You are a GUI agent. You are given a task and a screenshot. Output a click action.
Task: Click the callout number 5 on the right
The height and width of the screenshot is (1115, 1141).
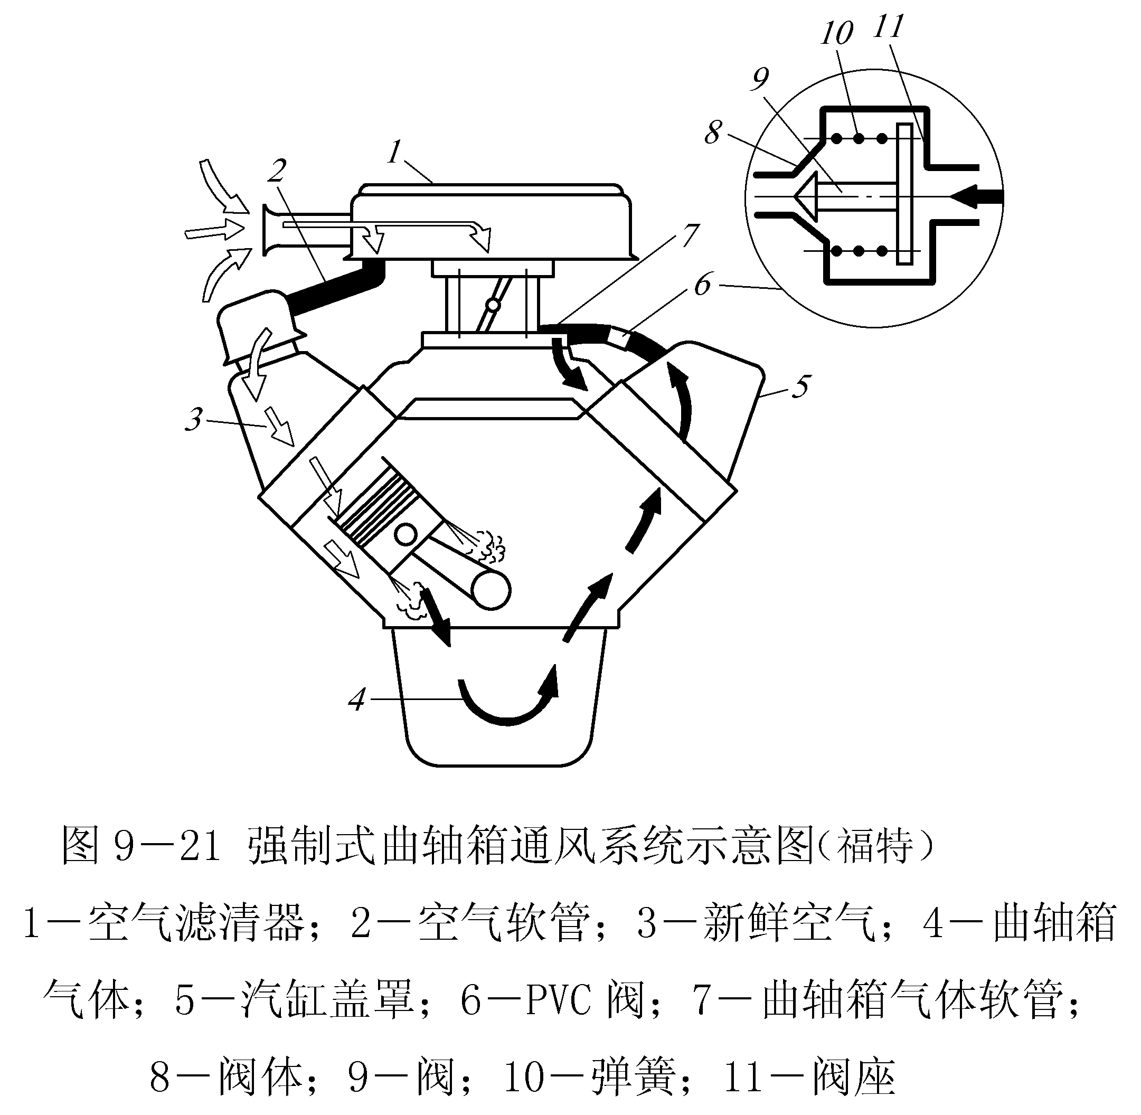click(x=800, y=386)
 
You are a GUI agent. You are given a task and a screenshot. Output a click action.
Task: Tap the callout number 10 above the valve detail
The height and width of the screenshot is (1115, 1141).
click(x=836, y=33)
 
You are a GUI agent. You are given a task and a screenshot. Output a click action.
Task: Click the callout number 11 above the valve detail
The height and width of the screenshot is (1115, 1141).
click(x=888, y=26)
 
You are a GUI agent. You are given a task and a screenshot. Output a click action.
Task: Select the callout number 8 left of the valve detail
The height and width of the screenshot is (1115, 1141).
click(x=712, y=133)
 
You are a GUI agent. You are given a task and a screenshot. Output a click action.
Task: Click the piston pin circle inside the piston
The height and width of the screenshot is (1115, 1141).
click(x=406, y=534)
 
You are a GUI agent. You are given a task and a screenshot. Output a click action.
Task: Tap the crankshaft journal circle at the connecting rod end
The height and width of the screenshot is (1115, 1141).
click(x=492, y=591)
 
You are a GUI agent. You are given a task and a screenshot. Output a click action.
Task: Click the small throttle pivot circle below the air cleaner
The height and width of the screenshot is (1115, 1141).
click(x=493, y=305)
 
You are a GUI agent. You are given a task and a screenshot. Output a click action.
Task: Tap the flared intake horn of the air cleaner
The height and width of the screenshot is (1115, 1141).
click(x=273, y=231)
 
